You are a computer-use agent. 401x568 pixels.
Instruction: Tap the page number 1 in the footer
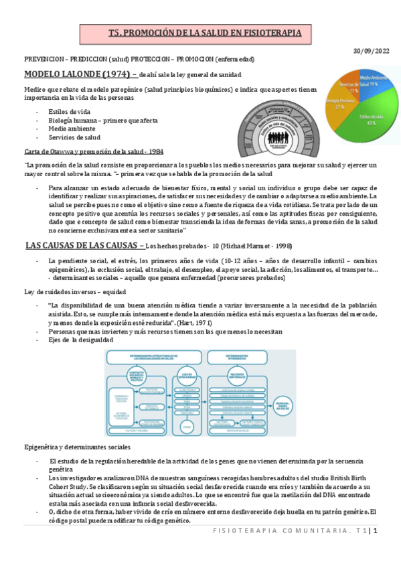coord(376,530)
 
